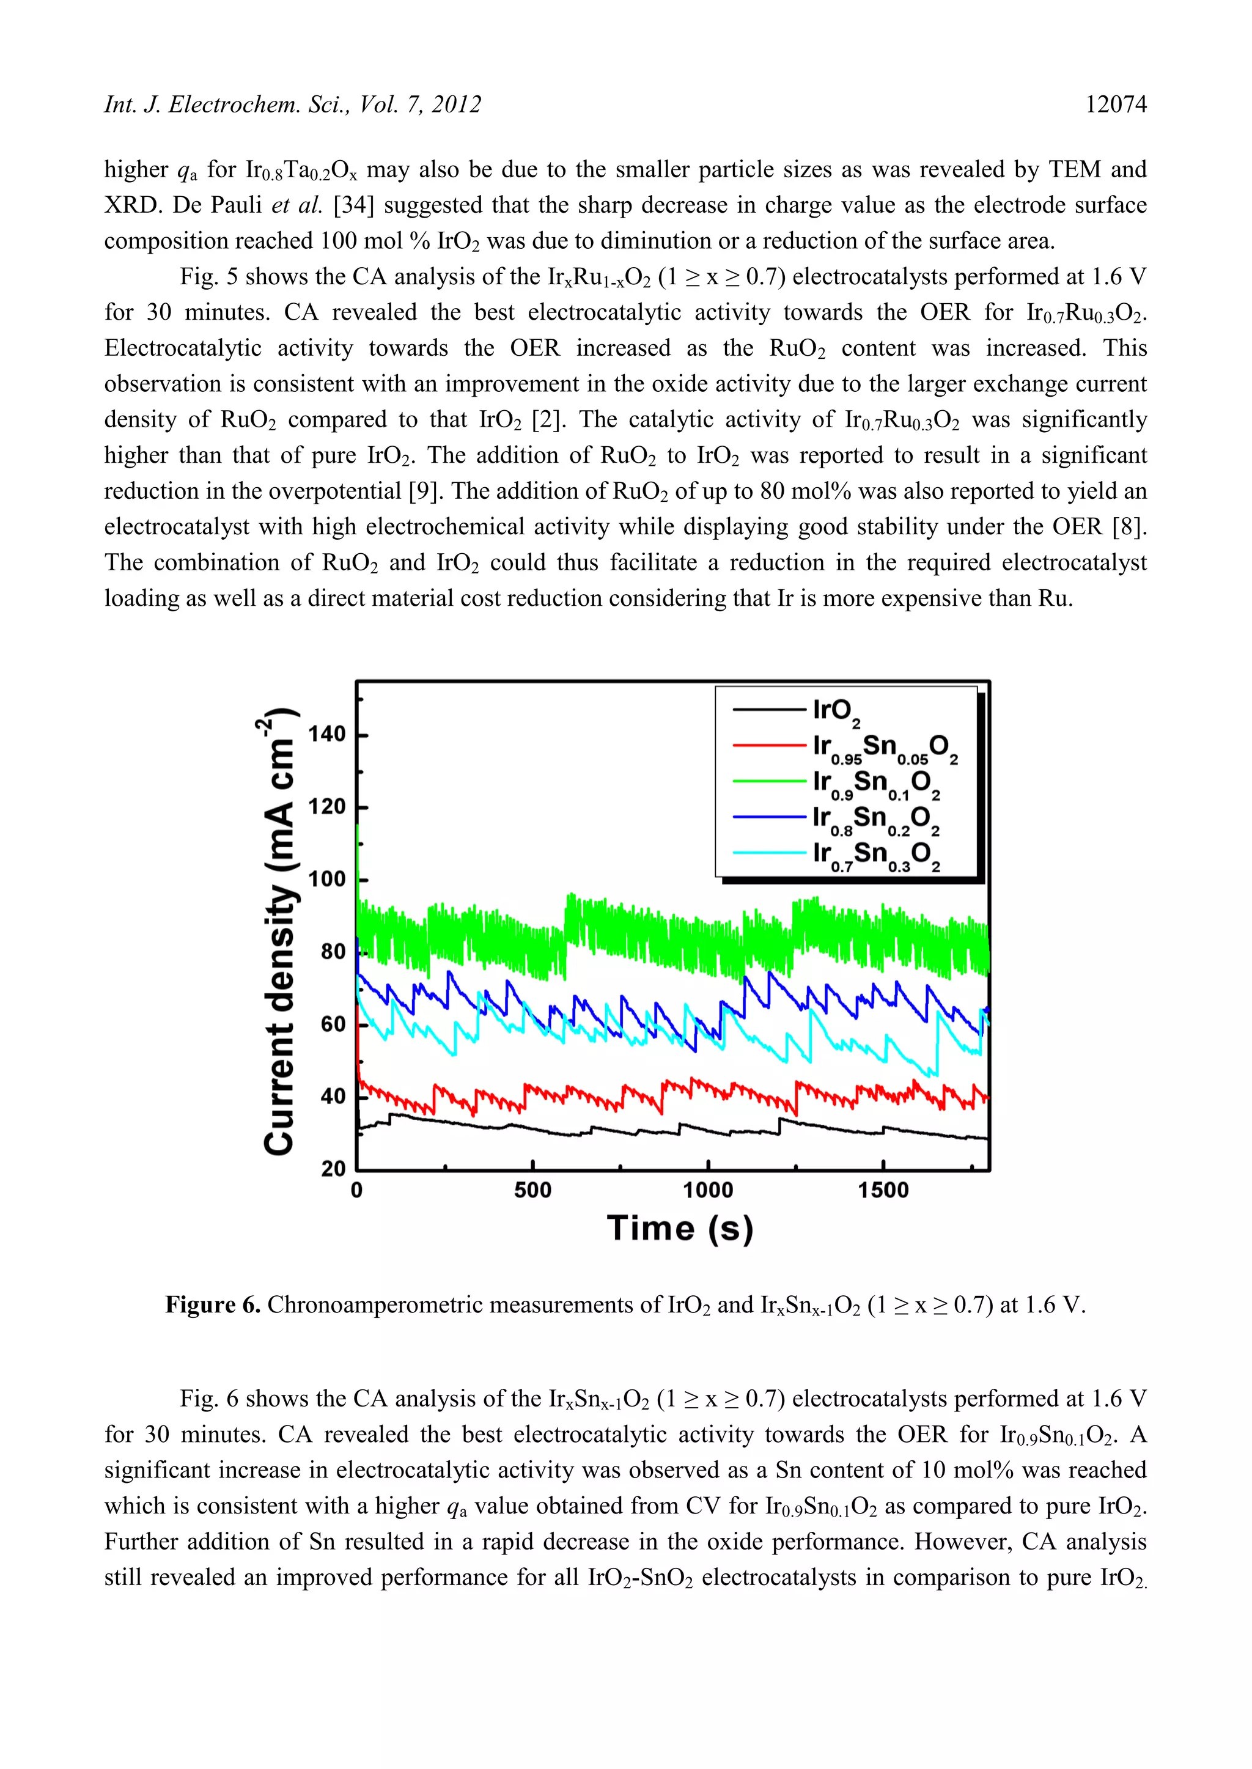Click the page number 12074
[1116, 105]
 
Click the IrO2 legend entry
[836, 711]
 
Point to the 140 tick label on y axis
[327, 735]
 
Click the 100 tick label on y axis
[327, 880]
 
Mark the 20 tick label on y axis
[333, 1169]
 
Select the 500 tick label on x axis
[532, 1191]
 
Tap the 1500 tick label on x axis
[883, 1191]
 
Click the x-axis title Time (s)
[680, 1228]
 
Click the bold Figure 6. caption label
[213, 1305]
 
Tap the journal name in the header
[293, 105]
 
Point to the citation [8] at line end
[1129, 526]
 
